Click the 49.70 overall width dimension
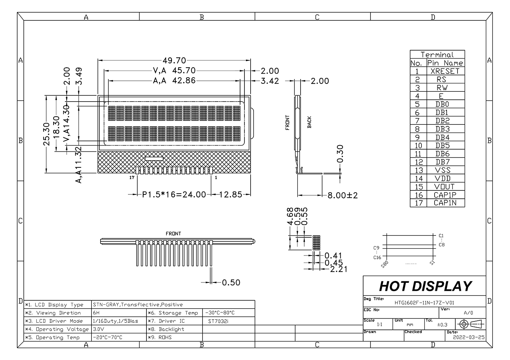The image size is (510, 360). [174, 60]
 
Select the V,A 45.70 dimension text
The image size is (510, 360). [174, 71]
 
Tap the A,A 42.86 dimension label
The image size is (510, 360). [174, 81]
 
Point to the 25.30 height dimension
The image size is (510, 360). [46, 134]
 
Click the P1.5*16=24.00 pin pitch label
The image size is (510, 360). [174, 195]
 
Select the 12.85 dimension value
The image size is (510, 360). [231, 195]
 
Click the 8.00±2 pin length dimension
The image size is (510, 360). [342, 195]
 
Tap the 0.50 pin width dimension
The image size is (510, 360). [231, 282]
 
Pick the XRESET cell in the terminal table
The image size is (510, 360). [444, 71]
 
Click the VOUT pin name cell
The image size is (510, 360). [444, 187]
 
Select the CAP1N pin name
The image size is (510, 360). [444, 203]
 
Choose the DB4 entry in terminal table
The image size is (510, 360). [442, 137]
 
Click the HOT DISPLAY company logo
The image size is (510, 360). [425, 286]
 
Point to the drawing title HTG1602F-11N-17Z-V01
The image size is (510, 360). [424, 302]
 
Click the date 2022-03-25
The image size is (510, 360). [468, 337]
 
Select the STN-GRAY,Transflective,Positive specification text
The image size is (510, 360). [138, 305]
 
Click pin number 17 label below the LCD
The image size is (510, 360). [132, 178]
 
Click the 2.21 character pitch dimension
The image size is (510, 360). [339, 269]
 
